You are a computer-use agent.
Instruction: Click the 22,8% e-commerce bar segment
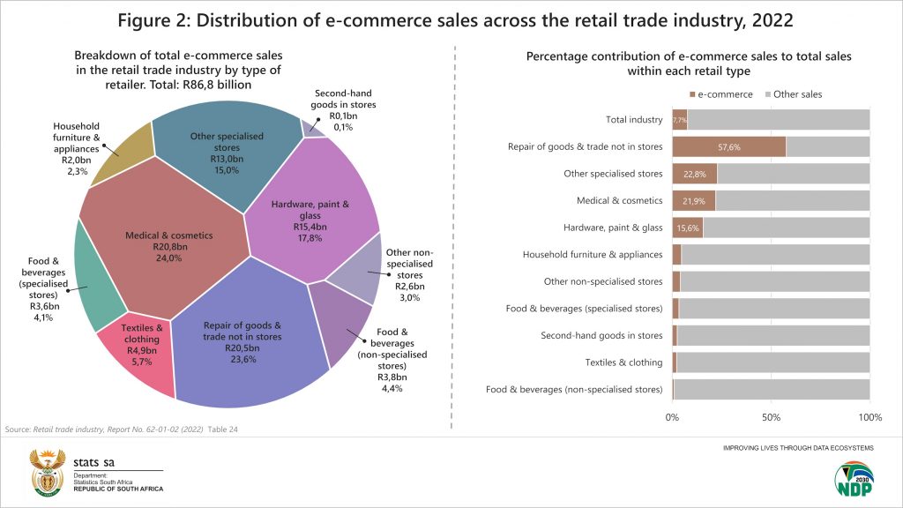[694, 174]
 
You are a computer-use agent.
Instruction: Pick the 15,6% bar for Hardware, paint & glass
[687, 228]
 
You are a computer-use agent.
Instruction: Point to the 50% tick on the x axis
[771, 416]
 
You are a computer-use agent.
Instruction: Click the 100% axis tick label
[869, 416]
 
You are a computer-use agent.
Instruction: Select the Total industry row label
[634, 120]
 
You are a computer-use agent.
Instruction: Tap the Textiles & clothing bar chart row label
[623, 362]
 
